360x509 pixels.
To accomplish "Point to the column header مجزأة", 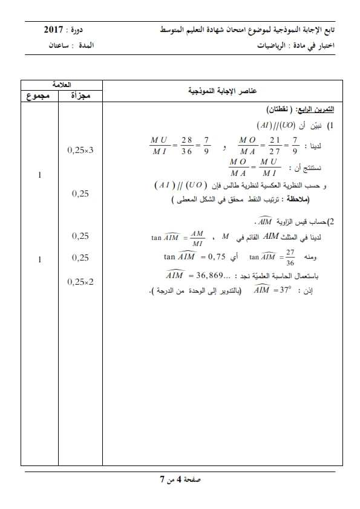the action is pos(80,96).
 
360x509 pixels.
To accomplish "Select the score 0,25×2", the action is pos(80,281).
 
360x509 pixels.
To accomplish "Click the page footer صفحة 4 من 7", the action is pos(180,480).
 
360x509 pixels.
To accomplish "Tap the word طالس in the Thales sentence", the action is pos(232,184).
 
